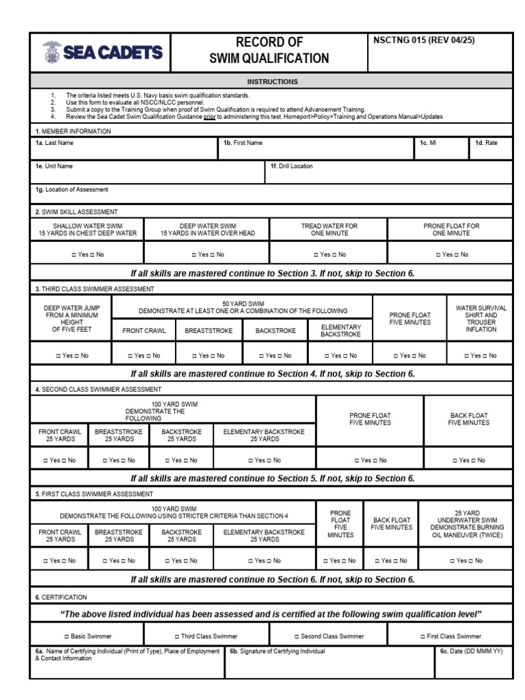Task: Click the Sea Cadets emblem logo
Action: click(51, 53)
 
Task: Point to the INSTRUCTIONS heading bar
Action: click(272, 81)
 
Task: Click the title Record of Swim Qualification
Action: click(269, 51)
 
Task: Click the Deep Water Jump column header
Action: click(71, 319)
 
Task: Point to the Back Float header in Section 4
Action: click(468, 418)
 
